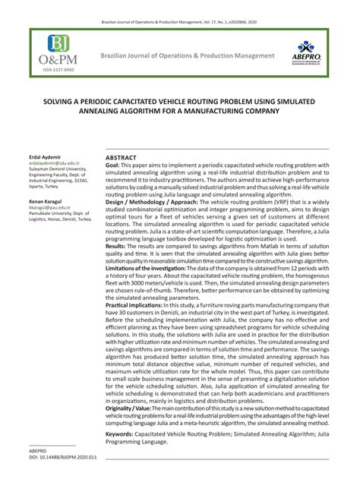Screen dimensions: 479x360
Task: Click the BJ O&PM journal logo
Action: click(x=53, y=51)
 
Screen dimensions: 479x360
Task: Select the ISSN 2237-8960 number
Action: click(x=53, y=71)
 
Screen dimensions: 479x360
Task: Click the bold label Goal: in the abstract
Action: click(x=112, y=165)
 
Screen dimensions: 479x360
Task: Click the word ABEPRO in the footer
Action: click(x=38, y=452)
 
